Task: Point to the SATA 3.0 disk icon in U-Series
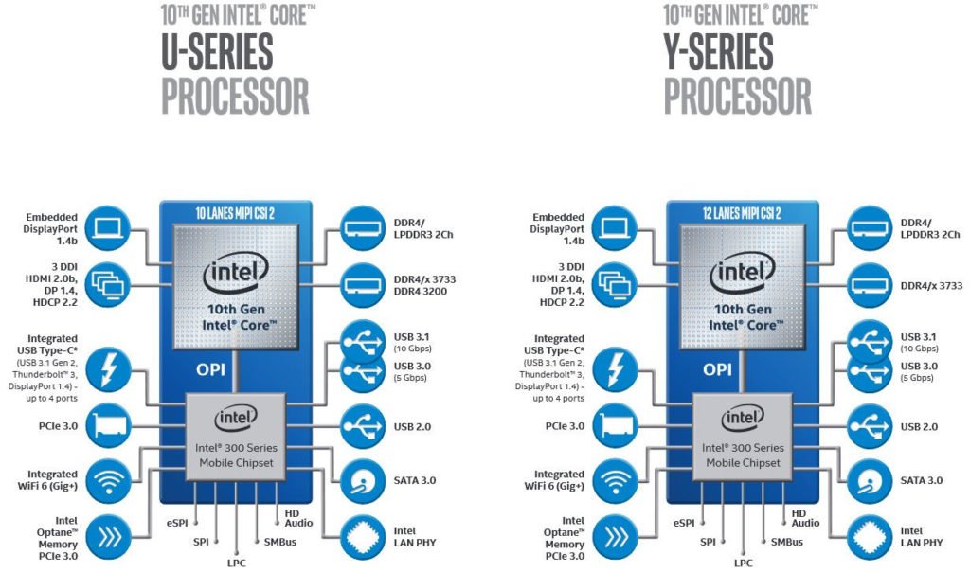364,479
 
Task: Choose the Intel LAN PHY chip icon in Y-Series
869,537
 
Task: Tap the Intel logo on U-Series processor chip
236,275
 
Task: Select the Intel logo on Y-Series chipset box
743,417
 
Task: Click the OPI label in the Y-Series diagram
716,368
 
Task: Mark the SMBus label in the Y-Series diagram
786,542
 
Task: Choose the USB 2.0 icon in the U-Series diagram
364,425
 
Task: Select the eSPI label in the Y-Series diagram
686,522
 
